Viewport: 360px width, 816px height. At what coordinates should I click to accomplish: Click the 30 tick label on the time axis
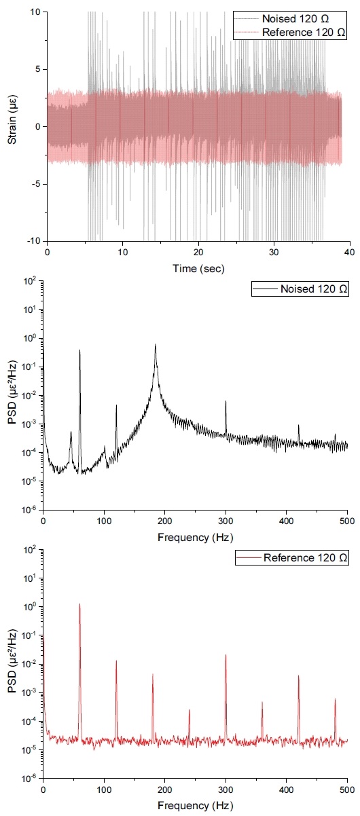coord(274,252)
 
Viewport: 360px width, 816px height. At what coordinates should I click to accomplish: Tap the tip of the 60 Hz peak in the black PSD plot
coord(79,350)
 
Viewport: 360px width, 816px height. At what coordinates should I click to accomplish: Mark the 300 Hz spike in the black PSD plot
coord(226,401)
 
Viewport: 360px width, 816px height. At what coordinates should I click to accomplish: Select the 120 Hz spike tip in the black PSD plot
coord(116,405)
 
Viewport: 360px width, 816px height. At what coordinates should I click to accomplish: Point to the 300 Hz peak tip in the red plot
coord(226,655)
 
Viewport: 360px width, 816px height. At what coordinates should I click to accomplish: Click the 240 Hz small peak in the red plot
coord(189,710)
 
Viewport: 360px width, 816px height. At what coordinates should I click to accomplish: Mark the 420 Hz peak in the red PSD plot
coord(298,675)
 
